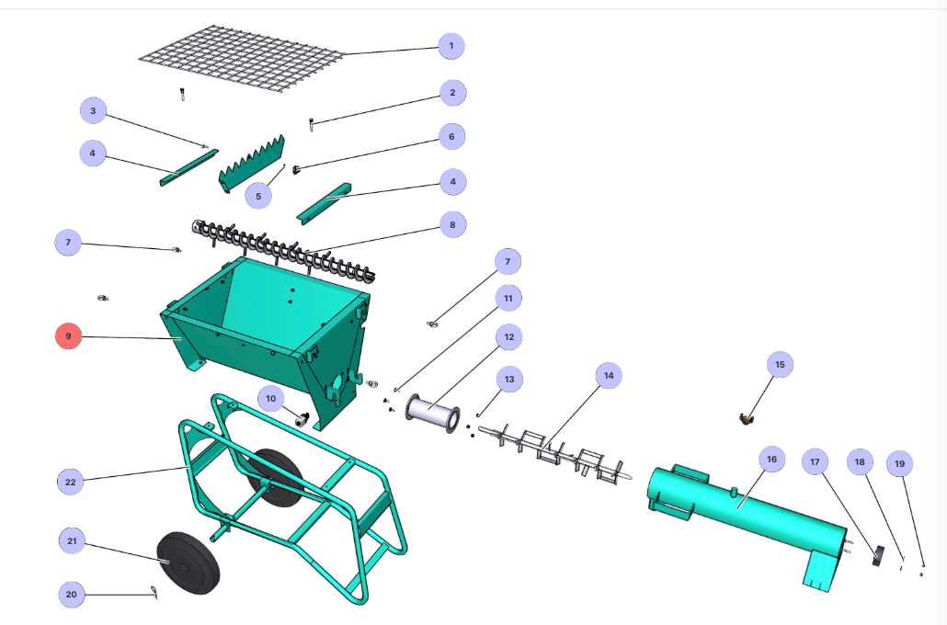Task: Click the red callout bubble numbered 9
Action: tap(68, 337)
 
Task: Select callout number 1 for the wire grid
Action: tap(451, 45)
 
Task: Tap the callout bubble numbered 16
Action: tap(771, 460)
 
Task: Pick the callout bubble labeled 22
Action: tap(71, 481)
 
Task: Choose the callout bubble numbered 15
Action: tap(780, 365)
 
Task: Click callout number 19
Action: tap(900, 465)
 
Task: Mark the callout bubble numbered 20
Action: tap(72, 595)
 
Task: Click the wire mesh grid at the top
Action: tap(241, 57)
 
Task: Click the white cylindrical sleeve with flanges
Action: tap(432, 414)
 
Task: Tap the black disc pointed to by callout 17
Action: tap(877, 554)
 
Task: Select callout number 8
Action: tap(452, 223)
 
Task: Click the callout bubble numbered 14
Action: tap(608, 375)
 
